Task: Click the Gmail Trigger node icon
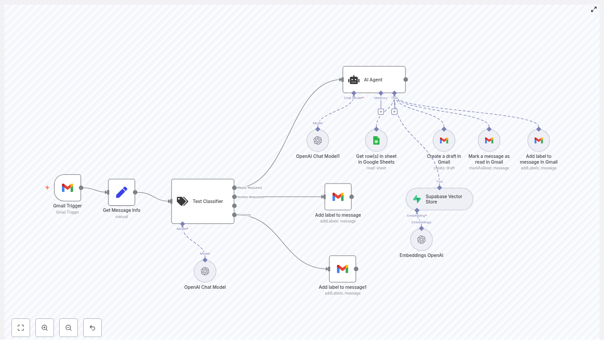[x=68, y=188]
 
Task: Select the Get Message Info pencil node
[x=122, y=192]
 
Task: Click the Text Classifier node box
[x=203, y=201]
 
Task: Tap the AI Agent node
[x=374, y=80]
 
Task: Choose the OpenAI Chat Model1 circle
[x=317, y=141]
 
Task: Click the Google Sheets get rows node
[x=376, y=141]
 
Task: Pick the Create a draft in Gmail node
[x=444, y=141]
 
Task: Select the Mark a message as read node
[x=489, y=141]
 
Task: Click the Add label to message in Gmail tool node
[x=539, y=141]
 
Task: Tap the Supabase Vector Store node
[x=440, y=199]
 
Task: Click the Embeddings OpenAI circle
[x=421, y=240]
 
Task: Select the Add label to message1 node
[x=342, y=269]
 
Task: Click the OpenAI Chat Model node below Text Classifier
[x=205, y=271]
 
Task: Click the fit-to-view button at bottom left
[x=21, y=328]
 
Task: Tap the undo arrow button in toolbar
[x=92, y=328]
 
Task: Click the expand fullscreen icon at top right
[x=594, y=9]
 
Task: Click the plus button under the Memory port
[x=381, y=112]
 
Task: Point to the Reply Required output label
[x=250, y=188]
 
